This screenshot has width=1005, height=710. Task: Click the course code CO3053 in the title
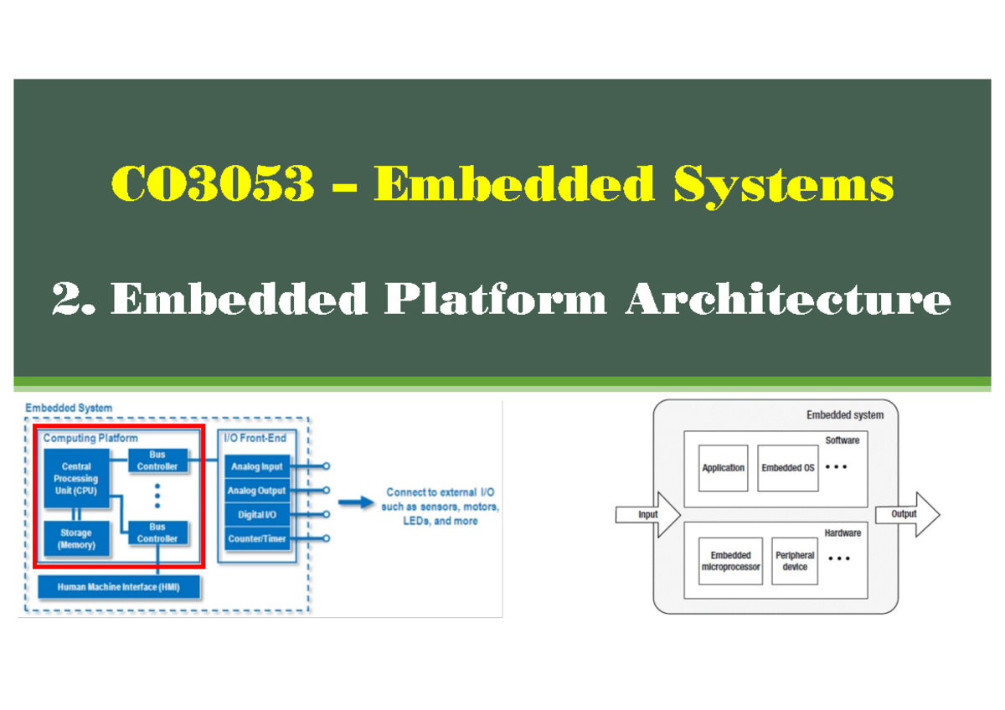coord(213,184)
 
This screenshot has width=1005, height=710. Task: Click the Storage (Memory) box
coord(76,538)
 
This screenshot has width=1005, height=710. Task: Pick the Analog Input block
coord(256,466)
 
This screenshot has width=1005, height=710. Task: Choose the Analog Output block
coord(256,491)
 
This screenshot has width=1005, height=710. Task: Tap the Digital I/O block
coord(256,515)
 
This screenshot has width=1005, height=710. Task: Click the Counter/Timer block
coord(256,538)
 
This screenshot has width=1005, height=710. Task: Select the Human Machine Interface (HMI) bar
coord(119,587)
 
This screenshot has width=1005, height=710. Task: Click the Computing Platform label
coord(90,438)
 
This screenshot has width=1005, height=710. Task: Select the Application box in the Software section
coord(723,468)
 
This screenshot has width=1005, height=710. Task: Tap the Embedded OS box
coord(787,468)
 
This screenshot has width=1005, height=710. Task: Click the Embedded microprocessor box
coord(730,561)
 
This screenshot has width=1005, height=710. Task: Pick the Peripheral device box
coord(794,561)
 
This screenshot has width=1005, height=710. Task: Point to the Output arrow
coord(906,514)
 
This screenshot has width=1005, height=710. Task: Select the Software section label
coord(842,440)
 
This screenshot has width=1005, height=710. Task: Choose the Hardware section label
coord(842,532)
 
